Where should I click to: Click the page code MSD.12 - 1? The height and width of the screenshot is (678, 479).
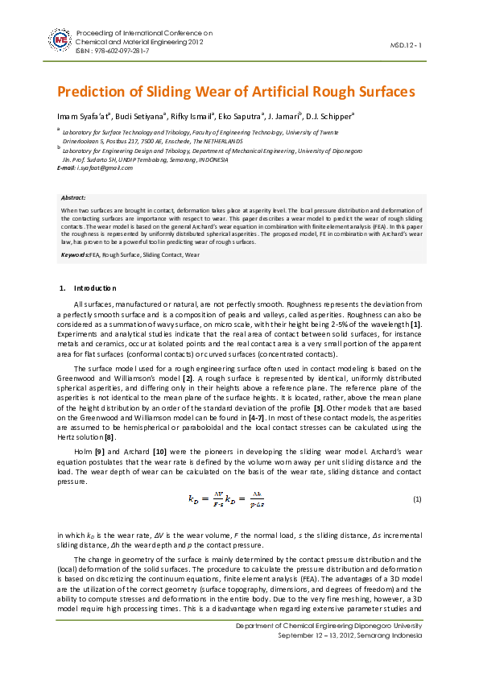[x=406, y=45]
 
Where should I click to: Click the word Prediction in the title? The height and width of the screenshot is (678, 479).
[x=93, y=91]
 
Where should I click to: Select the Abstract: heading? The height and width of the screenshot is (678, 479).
[x=73, y=197]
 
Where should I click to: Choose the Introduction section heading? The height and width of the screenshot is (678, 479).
[x=95, y=287]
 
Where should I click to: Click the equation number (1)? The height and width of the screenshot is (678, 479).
[x=417, y=500]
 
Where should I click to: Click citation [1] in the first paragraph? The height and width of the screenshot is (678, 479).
[x=416, y=324]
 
